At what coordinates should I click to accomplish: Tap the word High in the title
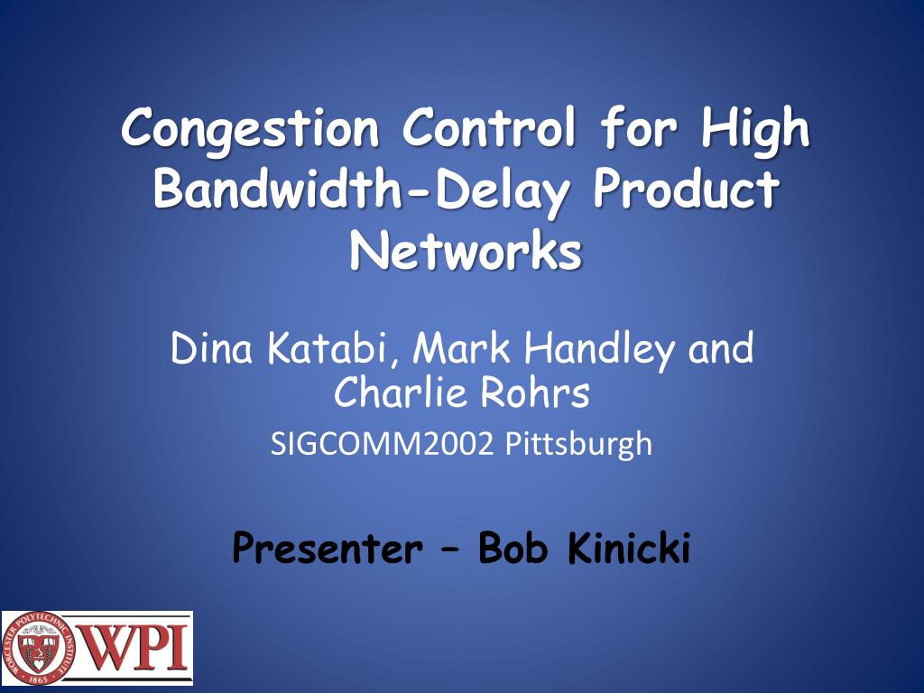click(755, 129)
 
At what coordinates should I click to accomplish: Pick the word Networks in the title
click(465, 252)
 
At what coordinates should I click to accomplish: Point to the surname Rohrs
click(540, 392)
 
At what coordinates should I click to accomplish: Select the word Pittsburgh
click(577, 444)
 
